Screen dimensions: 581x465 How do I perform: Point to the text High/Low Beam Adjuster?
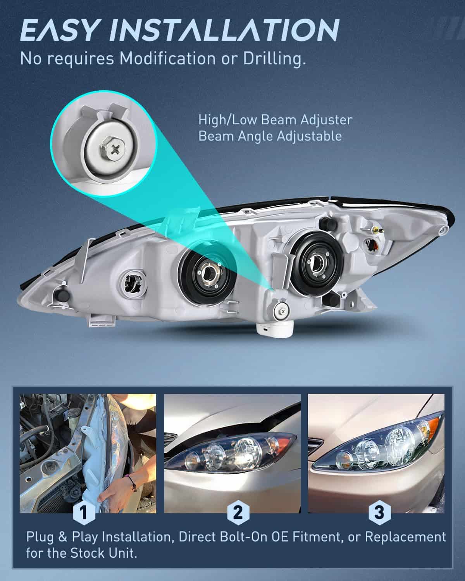coord(275,120)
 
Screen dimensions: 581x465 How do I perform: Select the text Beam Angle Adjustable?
coord(270,136)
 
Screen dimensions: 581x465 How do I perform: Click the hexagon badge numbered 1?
coord(83,513)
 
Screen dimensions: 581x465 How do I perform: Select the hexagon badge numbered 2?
coord(238,513)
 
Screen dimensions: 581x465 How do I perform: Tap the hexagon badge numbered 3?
coord(380,513)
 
